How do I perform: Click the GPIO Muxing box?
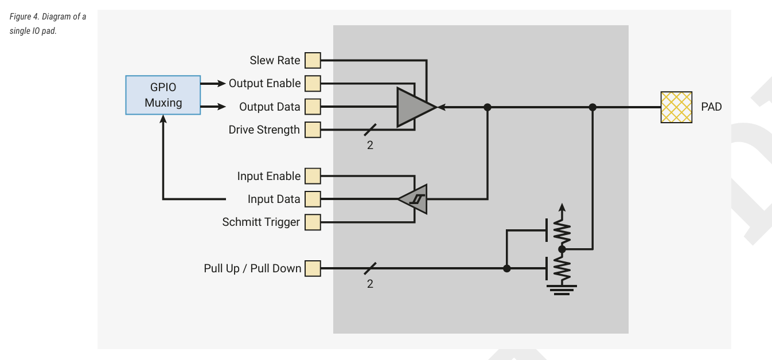point(163,95)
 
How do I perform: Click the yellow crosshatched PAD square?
point(676,107)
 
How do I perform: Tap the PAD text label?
point(711,107)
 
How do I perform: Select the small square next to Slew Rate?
point(313,60)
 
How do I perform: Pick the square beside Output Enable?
point(313,84)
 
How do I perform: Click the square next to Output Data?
point(313,107)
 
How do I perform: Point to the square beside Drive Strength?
point(313,130)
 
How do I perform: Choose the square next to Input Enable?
point(313,176)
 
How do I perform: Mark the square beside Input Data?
point(313,199)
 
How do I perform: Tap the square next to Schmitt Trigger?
point(313,222)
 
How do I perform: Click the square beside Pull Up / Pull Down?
point(313,268)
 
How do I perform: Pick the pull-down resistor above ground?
point(562,267)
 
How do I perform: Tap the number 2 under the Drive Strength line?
point(370,146)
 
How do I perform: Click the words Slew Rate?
point(275,60)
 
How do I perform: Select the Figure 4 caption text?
point(48,24)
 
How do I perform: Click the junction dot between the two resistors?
point(562,249)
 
